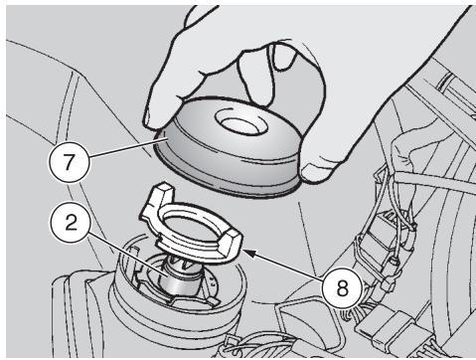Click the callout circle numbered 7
tap(70, 162)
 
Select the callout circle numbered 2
tap(71, 223)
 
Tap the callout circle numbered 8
tap(343, 287)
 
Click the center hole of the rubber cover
tap(240, 122)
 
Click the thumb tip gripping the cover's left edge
tap(156, 119)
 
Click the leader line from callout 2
tap(127, 254)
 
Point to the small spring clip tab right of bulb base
tap(212, 296)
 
